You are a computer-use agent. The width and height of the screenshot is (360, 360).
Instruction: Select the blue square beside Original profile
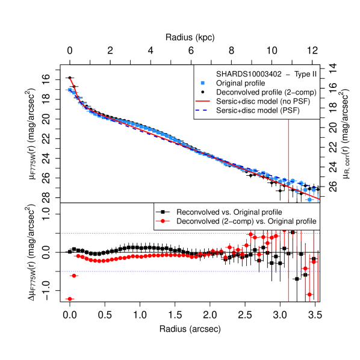(x=203, y=83)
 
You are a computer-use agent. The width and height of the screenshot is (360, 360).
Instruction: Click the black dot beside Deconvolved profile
(x=203, y=92)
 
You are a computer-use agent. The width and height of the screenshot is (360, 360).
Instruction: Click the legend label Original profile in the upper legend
(x=240, y=83)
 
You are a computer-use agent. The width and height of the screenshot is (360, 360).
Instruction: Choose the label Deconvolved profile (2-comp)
(x=265, y=92)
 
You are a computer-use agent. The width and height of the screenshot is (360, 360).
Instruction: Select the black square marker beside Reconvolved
(x=163, y=213)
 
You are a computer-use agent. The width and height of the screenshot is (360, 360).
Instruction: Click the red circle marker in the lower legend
(x=163, y=222)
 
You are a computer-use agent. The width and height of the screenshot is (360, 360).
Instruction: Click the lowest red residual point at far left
(x=70, y=299)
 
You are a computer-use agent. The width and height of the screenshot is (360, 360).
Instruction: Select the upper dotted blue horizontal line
(x=181, y=232)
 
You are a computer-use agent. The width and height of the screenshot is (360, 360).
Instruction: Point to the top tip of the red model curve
(x=70, y=78)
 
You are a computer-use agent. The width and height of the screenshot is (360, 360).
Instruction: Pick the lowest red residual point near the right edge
(x=309, y=294)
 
